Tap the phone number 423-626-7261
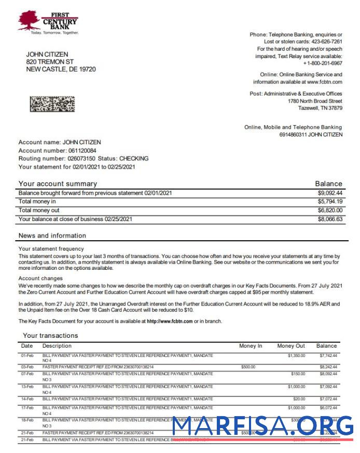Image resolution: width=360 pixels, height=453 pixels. tap(326, 42)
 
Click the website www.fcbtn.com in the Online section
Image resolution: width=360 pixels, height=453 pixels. tap(324, 82)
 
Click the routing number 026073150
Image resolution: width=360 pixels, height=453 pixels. tap(81, 158)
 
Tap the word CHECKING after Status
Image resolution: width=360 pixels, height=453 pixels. tap(134, 158)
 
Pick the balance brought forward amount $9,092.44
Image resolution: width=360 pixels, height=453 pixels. tap(330, 193)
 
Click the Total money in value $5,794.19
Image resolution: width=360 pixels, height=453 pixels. tap(330, 201)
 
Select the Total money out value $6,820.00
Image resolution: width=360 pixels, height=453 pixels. tap(330, 210)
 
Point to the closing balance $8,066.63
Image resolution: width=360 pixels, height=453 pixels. tap(330, 219)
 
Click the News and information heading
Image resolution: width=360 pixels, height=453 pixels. tap(52, 236)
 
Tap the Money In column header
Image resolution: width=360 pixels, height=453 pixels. tap(251, 346)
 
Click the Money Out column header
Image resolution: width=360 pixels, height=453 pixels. tap(291, 346)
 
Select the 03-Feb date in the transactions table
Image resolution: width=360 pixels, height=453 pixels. tap(27, 367)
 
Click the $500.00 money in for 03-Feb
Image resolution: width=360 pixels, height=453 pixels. tap(248, 367)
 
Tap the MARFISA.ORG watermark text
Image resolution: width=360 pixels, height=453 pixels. tap(262, 427)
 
